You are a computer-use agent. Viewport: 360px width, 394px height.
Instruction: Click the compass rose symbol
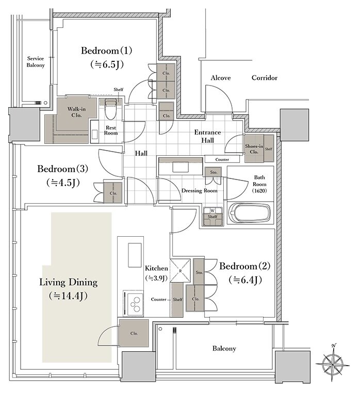[x=332, y=363]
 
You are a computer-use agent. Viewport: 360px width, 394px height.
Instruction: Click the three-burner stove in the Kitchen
[x=134, y=303]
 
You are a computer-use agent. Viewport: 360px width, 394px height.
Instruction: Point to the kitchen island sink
[x=135, y=255]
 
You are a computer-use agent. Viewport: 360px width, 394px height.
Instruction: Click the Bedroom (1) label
[x=106, y=51]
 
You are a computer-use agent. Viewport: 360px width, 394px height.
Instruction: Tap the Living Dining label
[x=68, y=282]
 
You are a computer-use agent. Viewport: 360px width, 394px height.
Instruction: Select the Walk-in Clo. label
[x=76, y=112]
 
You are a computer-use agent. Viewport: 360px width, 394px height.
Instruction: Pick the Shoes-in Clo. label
[x=254, y=149]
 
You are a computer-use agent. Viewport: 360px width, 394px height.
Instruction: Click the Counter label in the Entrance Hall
[x=222, y=159]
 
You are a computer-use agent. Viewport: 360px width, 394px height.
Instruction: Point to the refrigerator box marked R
[x=180, y=270]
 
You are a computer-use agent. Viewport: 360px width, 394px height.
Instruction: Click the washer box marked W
[x=212, y=210]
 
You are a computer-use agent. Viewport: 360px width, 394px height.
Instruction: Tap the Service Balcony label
[x=36, y=62]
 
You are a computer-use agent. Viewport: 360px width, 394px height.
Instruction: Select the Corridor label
[x=265, y=78]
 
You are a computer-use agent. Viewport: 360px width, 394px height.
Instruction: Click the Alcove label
[x=221, y=78]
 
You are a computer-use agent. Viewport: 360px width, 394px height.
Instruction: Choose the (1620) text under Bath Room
[x=259, y=190]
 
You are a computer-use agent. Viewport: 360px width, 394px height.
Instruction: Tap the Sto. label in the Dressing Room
[x=214, y=172]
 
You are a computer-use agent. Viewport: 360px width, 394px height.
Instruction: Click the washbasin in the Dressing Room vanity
[x=181, y=167]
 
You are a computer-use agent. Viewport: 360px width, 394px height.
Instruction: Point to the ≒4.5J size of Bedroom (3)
[x=63, y=183]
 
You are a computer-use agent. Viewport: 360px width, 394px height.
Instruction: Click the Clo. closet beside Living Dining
[x=134, y=333]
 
